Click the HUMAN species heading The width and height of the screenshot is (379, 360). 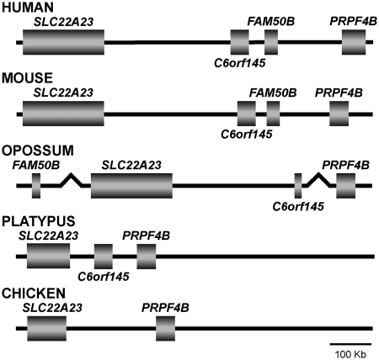pyautogui.click(x=28, y=7)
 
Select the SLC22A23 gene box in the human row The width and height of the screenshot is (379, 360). pyautogui.click(x=63, y=42)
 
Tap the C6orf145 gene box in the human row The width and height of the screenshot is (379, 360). pyautogui.click(x=240, y=42)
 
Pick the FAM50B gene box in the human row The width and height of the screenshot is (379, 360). pyautogui.click(x=271, y=42)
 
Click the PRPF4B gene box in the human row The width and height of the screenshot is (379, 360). pyautogui.click(x=354, y=42)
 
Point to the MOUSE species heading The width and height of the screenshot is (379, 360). pyautogui.click(x=27, y=77)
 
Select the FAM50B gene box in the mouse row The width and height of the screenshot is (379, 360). pyautogui.click(x=273, y=114)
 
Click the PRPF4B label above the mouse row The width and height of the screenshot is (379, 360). pyautogui.click(x=339, y=93)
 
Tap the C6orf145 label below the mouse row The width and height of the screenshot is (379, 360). pyautogui.click(x=247, y=135)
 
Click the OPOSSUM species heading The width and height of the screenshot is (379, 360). pyautogui.click(x=38, y=151)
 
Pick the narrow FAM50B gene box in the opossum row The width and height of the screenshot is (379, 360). pyautogui.click(x=36, y=186)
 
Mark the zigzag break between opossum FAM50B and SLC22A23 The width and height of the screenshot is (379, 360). pyautogui.click(x=72, y=180)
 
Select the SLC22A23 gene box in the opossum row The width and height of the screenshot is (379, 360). pyautogui.click(x=131, y=186)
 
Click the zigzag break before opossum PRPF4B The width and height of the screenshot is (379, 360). pyautogui.click(x=318, y=180)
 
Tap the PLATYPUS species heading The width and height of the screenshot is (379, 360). pyautogui.click(x=39, y=221)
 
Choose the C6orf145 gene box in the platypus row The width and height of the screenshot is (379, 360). pyautogui.click(x=104, y=257)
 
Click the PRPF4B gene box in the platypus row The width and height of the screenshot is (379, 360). pyautogui.click(x=147, y=257)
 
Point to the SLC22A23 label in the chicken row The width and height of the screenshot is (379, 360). pyautogui.click(x=52, y=308)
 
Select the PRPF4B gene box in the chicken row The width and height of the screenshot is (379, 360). pyautogui.click(x=165, y=329)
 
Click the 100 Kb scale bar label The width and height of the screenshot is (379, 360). pyautogui.click(x=350, y=354)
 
